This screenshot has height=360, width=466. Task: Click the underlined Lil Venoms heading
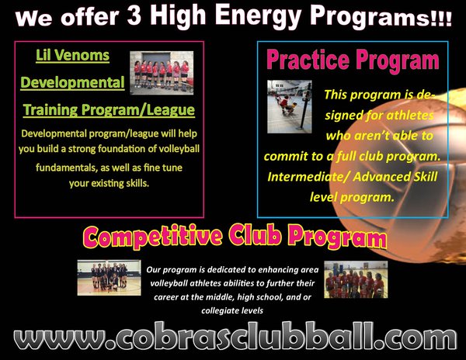(72, 56)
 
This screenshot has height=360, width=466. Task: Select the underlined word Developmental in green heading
(72, 82)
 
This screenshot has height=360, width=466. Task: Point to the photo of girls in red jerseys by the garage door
(162, 73)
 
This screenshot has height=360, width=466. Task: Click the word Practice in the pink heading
(308, 60)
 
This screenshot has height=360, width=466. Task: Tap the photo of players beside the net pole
(290, 106)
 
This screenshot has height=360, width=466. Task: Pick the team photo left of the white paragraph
(109, 278)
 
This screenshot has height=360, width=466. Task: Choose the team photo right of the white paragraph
(356, 279)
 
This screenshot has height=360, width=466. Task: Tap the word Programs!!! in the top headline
(381, 17)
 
